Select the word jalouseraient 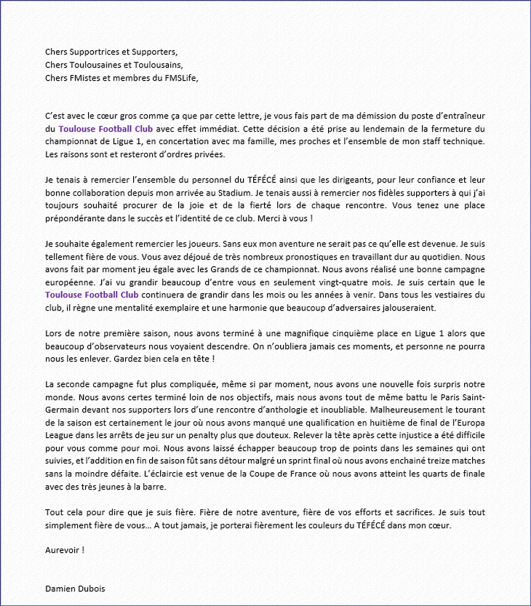pos(407,307)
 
